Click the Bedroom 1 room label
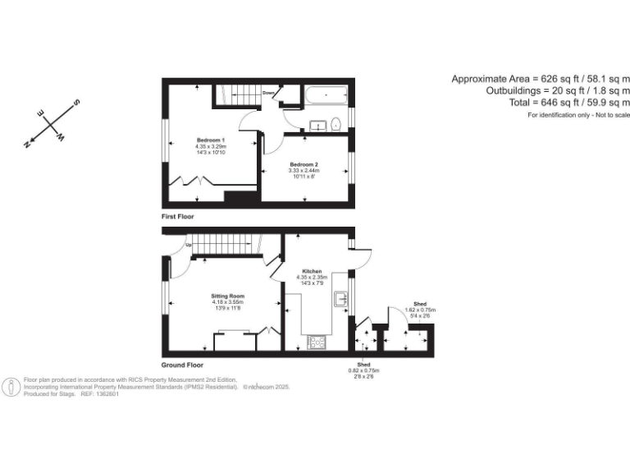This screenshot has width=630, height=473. pos(211,140)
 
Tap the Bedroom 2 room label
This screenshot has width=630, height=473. pos(303,165)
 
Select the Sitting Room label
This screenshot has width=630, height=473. pos(228,296)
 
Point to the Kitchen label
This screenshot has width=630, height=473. pos(312,271)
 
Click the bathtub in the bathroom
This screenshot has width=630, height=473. pos(326,96)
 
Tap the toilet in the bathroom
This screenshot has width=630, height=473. pos(336,125)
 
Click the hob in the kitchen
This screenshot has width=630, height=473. pos(316,342)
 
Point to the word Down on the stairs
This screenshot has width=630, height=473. pos(268,93)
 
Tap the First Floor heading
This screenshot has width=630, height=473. pos(182,216)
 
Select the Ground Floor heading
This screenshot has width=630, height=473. pos(183,364)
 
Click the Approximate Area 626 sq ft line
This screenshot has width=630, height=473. pos(541,79)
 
